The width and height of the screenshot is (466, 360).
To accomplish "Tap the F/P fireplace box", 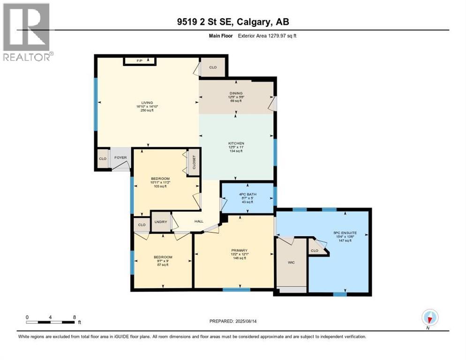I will [x=139, y=60].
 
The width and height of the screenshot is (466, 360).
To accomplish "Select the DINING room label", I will [x=236, y=93].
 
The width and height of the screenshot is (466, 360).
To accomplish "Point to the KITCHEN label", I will [x=236, y=143].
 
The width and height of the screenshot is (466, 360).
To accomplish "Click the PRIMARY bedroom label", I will [x=240, y=250].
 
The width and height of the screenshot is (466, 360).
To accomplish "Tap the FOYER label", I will [x=120, y=158].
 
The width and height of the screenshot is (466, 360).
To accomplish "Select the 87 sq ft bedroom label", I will [x=163, y=257].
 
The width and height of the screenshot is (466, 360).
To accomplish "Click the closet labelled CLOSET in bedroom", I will [x=193, y=163].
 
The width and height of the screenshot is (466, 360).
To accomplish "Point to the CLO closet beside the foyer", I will [x=103, y=158].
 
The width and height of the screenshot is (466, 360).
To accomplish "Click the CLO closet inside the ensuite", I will [x=315, y=251].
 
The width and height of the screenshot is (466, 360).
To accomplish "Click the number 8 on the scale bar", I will [x=75, y=317].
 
